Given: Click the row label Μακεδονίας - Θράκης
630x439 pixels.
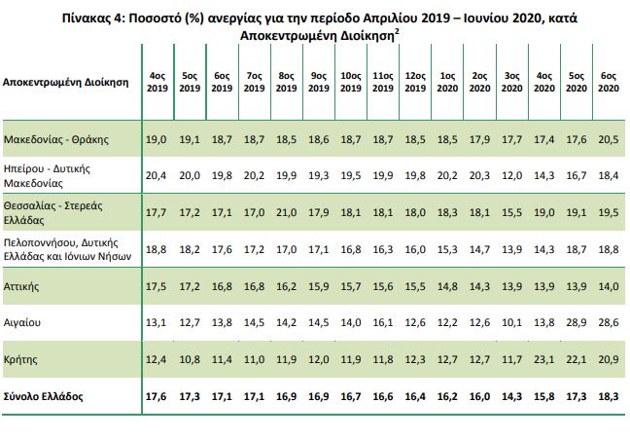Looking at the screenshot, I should (55, 139).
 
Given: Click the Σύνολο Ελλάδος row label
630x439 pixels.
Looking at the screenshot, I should (44, 397).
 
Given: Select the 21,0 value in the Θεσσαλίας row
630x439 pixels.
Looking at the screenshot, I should (286, 211).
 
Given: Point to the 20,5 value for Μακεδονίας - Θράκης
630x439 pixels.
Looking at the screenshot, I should (609, 139).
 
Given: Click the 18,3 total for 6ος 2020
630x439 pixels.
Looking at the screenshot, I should (609, 397).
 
